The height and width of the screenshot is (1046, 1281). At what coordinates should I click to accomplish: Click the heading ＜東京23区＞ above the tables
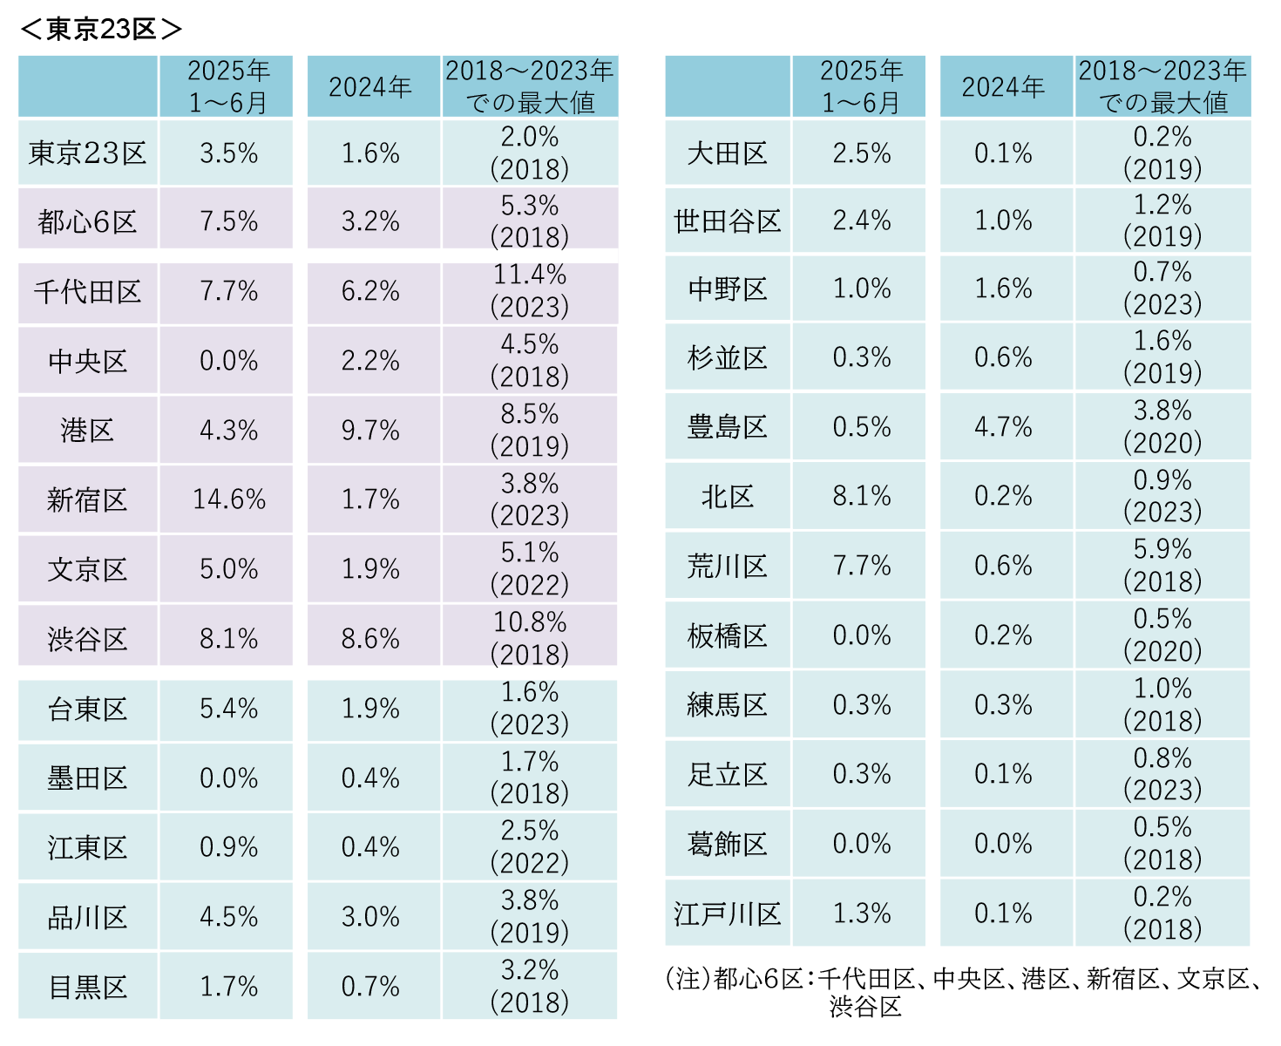click(x=100, y=29)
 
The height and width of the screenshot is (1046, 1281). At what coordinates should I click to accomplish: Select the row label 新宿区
click(x=87, y=500)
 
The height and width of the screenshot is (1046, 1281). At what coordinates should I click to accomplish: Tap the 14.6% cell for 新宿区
click(x=228, y=499)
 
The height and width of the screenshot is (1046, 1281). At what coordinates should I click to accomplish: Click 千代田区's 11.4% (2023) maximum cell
click(x=530, y=291)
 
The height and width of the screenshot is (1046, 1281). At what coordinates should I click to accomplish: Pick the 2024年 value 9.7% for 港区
click(x=370, y=430)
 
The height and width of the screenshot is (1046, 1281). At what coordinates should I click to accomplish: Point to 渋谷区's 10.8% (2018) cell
click(x=530, y=638)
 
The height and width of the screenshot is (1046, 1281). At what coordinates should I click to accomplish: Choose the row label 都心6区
click(x=87, y=221)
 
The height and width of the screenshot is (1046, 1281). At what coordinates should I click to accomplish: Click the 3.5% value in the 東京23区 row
click(x=228, y=153)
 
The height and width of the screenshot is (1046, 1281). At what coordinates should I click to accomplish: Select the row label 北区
click(x=727, y=497)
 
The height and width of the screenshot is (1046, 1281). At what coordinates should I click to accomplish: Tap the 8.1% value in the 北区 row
click(x=861, y=496)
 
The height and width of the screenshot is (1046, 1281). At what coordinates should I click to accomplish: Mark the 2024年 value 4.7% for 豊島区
click(x=1003, y=427)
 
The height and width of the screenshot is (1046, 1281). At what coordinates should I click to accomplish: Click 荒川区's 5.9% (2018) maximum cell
click(x=1162, y=565)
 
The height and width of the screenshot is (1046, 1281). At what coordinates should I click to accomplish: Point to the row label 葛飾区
click(x=727, y=844)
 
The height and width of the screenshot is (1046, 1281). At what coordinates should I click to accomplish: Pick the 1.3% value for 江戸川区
click(x=861, y=914)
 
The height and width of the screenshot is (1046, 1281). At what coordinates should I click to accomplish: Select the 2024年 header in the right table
click(x=1003, y=86)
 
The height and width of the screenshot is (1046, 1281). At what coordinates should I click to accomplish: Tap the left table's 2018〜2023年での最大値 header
click(x=530, y=86)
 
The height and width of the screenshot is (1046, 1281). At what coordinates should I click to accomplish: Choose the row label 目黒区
click(x=87, y=987)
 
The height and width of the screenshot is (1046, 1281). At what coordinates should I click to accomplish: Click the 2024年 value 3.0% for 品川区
click(x=370, y=917)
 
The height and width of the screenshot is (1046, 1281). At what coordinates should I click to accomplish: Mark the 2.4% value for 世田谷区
click(x=861, y=221)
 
